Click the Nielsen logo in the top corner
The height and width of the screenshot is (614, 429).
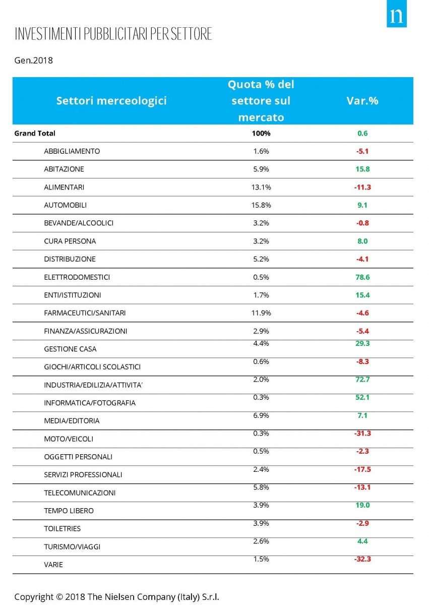coord(397,17)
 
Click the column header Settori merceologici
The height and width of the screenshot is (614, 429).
coord(111,101)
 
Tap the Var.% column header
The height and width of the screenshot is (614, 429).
coord(362,101)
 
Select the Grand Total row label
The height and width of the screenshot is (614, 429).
coord(35,134)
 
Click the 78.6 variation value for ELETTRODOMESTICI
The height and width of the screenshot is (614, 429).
coord(362,277)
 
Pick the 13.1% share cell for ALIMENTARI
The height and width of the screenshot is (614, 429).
coord(261,187)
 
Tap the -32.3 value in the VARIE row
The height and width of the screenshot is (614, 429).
coord(362,559)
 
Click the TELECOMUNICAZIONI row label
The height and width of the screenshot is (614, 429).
coord(80,493)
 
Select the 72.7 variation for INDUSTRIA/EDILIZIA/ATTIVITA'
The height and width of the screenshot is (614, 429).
coord(362,379)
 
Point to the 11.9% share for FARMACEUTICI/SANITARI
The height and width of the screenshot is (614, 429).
coord(261,313)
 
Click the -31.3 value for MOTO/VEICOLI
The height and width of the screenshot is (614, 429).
coord(362,433)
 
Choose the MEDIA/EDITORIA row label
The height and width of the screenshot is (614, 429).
coord(72,420)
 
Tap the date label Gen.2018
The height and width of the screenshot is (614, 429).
coord(33,60)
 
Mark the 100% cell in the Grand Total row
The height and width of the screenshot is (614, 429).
coord(261,134)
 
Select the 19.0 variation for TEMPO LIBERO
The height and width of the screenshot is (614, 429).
coord(362,505)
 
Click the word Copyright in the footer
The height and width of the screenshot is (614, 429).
coord(33,597)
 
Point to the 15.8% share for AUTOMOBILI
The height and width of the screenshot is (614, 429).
coord(261,205)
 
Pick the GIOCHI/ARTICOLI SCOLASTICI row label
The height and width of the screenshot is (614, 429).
coord(92,366)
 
